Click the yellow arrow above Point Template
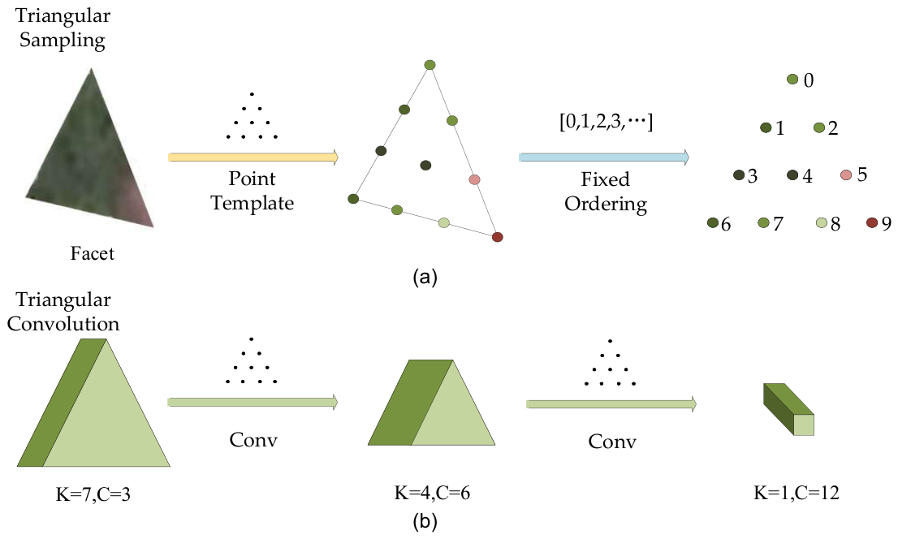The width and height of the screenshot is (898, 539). point(253,157)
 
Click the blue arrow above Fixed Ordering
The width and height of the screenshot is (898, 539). point(604,157)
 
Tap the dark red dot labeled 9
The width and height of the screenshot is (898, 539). point(872,222)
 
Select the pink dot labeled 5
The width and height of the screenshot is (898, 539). point(846,175)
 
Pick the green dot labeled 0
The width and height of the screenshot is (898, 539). point(792,80)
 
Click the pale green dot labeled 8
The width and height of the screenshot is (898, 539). point(821,222)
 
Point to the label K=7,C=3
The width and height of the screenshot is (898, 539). point(93,494)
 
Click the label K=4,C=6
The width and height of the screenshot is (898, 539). point(432,493)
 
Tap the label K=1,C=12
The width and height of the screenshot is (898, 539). point(796,493)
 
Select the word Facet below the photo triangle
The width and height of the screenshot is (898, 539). point(93,253)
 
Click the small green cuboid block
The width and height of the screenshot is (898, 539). point(788,410)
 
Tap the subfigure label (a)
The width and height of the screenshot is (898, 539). point(425,278)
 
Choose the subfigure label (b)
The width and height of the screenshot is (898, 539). point(425,521)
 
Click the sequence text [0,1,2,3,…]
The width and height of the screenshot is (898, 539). point(606,122)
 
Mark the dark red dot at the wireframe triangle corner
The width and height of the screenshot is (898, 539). point(497,236)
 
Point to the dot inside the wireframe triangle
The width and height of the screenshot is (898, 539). point(425,165)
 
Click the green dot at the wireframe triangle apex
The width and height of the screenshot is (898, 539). point(430,65)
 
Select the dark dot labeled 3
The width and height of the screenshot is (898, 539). point(739,175)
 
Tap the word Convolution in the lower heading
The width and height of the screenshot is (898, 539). point(63,324)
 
